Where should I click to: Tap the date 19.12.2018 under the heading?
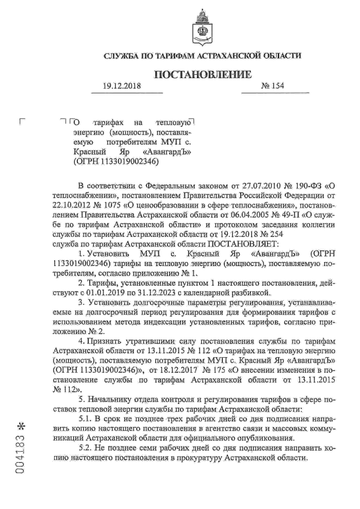click(x=121, y=87)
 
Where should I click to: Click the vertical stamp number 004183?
click(x=21, y=450)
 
